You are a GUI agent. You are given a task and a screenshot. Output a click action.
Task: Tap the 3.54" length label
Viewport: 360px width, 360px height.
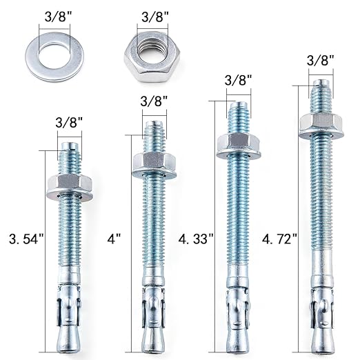pyautogui.click(x=25, y=240)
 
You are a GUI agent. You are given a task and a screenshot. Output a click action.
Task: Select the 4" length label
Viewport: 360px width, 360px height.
pyautogui.click(x=114, y=239)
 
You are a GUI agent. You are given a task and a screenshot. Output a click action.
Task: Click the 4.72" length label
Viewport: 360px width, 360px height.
pyautogui.click(x=280, y=239)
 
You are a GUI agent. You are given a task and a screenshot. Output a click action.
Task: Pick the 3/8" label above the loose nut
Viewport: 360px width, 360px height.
pyautogui.click(x=156, y=16)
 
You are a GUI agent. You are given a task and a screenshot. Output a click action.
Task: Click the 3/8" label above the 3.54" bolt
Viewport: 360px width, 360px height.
pyautogui.click(x=69, y=122)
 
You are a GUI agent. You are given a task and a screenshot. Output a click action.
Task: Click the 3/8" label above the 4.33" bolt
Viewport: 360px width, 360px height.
pyautogui.click(x=238, y=81)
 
